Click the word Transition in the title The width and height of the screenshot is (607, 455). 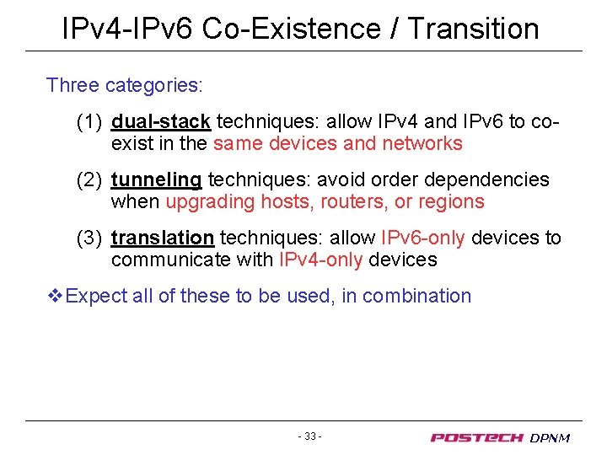point(473,29)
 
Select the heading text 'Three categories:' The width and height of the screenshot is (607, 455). point(125,85)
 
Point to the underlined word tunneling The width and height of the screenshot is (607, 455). point(156,180)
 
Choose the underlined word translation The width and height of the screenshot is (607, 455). point(162,238)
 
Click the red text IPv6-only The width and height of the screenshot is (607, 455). point(422,238)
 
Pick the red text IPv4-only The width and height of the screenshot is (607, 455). point(320,260)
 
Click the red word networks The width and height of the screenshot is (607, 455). point(422,143)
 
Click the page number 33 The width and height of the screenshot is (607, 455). point(309,436)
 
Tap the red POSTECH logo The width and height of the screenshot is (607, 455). point(477,437)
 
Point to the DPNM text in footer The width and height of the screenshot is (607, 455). point(550,437)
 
